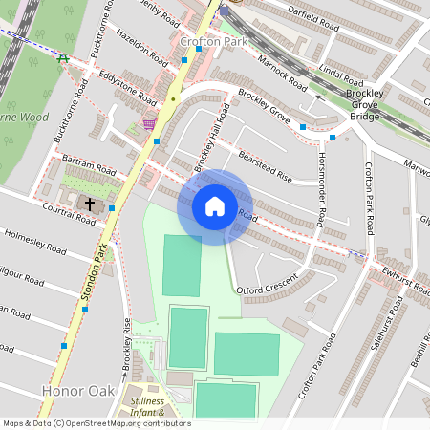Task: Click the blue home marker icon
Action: (x=214, y=206)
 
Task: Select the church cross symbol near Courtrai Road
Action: (x=91, y=204)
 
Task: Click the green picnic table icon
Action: (x=63, y=58)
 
